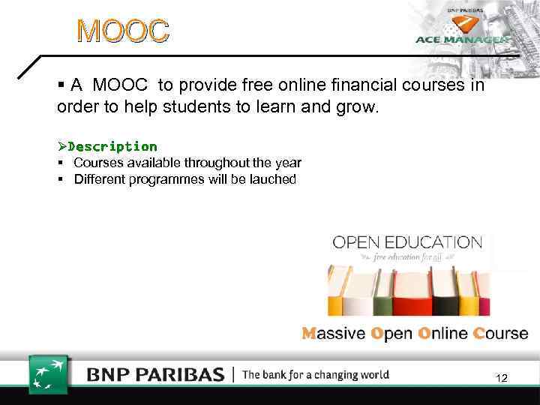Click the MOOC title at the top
point(124,31)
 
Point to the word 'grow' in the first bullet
point(359,107)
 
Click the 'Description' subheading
point(112,146)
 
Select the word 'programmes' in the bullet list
point(163,179)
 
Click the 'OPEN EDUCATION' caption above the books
point(407,242)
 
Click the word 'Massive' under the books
point(334,333)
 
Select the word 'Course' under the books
point(500,333)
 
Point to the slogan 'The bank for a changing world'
point(316,374)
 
